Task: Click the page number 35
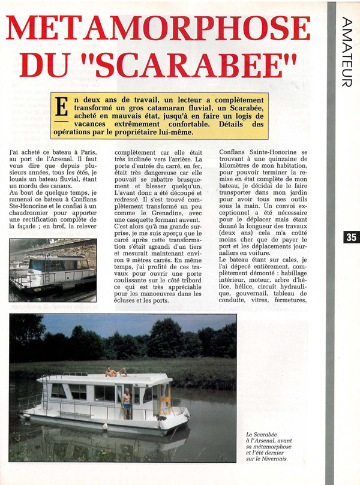coord(350,237)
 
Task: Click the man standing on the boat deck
coord(126,401)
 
